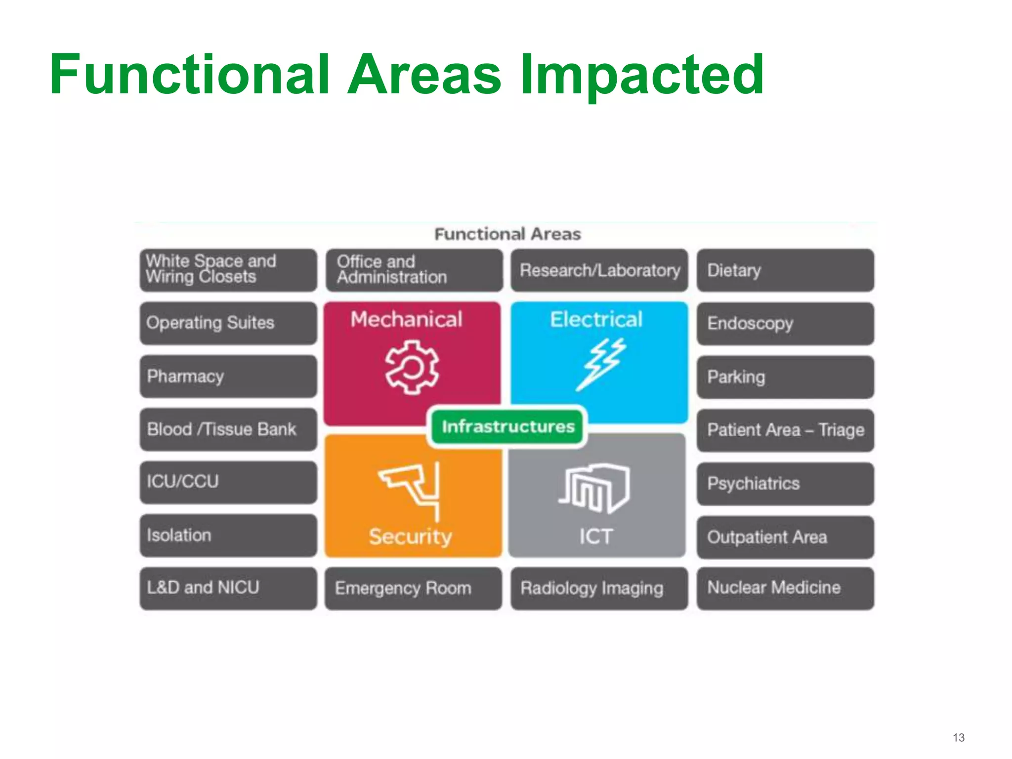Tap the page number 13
coord(958,737)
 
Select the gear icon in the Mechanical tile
coord(412,367)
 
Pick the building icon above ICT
coord(594,489)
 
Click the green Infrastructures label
coord(507,426)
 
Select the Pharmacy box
coord(228,377)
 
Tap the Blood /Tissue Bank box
coord(228,429)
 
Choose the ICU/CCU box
coord(228,482)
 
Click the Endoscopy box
coord(785,324)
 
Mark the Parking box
coord(785,377)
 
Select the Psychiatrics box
coord(785,484)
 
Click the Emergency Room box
coord(413,588)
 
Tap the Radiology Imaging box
coord(599,588)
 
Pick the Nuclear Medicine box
coord(785,588)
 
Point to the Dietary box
coord(785,270)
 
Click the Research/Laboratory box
coord(599,270)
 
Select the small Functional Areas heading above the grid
coord(507,234)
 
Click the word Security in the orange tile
coord(410,537)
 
